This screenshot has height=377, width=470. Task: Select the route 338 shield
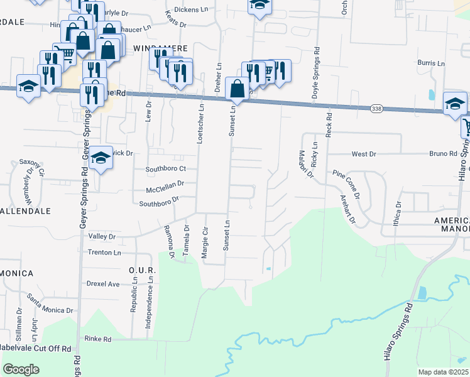375,108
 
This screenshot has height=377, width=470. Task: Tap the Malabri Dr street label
305,165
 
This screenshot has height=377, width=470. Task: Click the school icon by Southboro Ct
101,159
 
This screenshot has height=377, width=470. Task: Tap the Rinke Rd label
98,339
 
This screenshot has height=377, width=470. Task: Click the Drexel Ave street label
103,284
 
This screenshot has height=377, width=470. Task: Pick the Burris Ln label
431,63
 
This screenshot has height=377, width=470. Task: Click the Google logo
21,369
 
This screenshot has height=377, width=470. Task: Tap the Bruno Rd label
443,153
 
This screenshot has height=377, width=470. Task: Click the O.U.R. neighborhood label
138,270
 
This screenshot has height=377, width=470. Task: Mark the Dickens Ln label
190,9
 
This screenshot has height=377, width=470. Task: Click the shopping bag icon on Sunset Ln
237,89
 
